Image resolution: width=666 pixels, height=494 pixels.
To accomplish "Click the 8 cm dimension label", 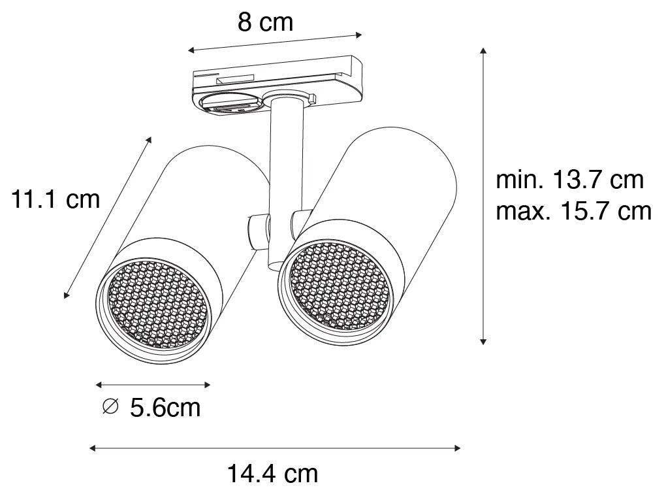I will click(265, 23).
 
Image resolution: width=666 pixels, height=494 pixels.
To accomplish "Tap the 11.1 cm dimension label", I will click(55, 199).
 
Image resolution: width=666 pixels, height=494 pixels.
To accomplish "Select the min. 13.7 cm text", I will click(569, 179).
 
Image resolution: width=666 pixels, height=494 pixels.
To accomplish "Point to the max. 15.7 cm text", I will click(573, 211).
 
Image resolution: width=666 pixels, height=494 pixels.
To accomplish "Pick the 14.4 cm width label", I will click(272, 473).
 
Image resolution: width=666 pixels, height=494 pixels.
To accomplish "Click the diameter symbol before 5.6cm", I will click(111, 407).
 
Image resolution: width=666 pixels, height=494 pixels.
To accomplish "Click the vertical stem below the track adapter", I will click(285, 157).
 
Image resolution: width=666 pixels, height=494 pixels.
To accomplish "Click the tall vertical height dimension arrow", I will click(483, 196).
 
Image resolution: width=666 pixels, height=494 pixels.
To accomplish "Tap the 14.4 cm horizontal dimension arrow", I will click(275, 448).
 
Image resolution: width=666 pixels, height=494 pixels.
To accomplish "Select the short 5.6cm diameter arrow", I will click(153, 384).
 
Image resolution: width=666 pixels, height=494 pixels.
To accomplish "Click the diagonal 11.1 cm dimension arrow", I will click(108, 218).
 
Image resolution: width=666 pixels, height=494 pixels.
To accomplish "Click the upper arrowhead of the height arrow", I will click(483, 52).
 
